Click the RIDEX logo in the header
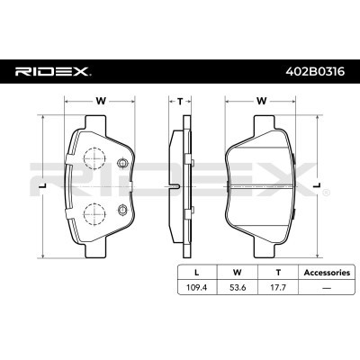51,68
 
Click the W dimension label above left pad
99,102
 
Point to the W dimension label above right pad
261,102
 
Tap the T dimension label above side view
179,102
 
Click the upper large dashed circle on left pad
92,161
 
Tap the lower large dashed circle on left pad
92,213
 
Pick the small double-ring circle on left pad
123,163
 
